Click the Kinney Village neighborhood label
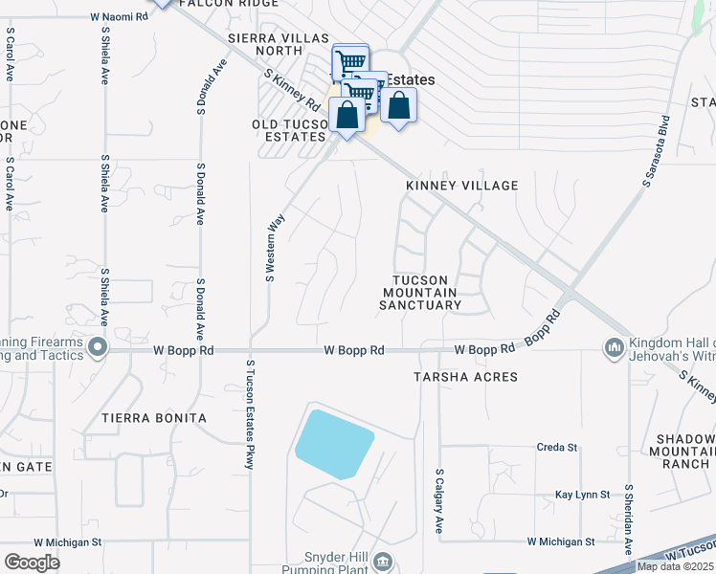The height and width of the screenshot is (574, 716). click(x=461, y=186)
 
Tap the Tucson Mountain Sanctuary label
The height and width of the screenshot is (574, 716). click(x=420, y=293)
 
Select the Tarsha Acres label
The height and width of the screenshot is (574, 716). click(x=465, y=377)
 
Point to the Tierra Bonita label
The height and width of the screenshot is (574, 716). click(x=154, y=418)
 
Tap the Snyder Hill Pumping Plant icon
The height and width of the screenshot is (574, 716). click(x=382, y=560)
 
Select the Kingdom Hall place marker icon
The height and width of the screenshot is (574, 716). click(x=614, y=346)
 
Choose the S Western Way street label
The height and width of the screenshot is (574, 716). click(x=275, y=247)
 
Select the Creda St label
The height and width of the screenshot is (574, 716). click(x=557, y=447)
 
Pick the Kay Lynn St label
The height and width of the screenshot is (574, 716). click(x=582, y=495)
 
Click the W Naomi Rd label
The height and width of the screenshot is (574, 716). click(x=122, y=17)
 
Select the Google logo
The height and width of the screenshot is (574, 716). click(x=33, y=562)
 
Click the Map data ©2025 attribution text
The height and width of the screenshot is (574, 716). click(x=675, y=566)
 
